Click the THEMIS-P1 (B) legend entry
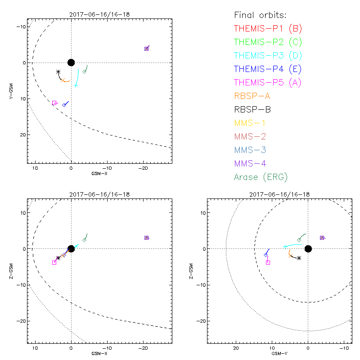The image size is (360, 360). [x=268, y=29]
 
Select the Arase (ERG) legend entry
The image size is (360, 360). [x=261, y=177]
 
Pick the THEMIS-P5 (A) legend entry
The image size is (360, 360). [x=268, y=83]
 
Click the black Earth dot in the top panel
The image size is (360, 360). [x=71, y=63]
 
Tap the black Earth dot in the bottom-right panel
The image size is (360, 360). [x=308, y=249]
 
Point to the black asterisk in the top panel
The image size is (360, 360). [x=58, y=72]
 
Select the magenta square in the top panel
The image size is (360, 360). [x=54, y=103]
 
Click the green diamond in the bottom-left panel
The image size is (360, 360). [x=84, y=240]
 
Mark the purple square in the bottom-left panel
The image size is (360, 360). [x=146, y=238]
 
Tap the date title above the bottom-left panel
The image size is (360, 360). [x=99, y=194]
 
